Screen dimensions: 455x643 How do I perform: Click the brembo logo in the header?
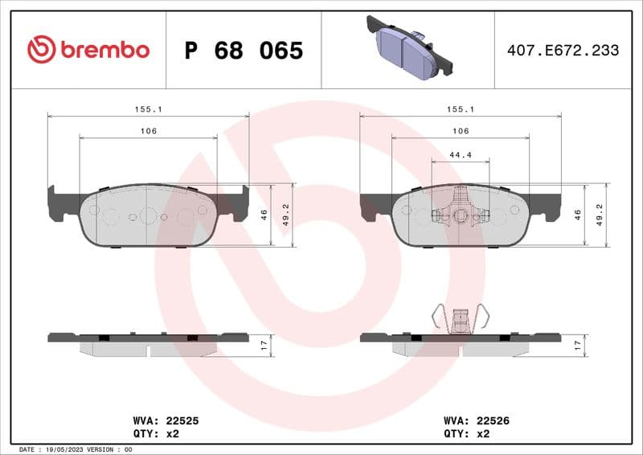point(88,49)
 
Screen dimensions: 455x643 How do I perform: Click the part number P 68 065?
point(244,51)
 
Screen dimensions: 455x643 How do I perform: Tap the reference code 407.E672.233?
point(563,50)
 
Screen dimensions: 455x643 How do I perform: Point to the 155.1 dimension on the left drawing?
point(148,109)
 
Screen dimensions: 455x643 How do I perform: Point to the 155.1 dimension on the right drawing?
point(460,109)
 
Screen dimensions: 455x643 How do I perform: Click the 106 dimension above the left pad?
point(148,131)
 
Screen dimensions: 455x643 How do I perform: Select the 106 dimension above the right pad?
point(460,131)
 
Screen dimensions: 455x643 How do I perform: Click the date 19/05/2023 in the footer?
point(68,449)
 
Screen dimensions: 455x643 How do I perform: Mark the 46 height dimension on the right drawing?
point(577,215)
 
